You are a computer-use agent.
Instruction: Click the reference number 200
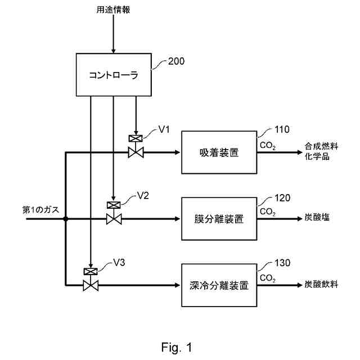coord(176,61)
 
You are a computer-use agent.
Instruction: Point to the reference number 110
coord(282,129)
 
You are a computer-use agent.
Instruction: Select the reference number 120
coord(282,198)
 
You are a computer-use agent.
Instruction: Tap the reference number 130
coord(282,263)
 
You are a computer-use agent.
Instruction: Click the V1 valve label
coord(164,129)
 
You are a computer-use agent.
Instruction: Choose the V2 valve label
coord(143,196)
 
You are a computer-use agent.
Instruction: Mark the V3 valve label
coord(119,263)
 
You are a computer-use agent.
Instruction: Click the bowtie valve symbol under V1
coord(136,152)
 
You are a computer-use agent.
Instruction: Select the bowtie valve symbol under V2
coord(114,219)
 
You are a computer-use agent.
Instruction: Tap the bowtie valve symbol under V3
coord(91,285)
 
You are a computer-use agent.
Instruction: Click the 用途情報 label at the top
coord(113,10)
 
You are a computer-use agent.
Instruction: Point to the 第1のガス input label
coord(40,210)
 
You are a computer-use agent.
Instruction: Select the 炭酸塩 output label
coord(317,217)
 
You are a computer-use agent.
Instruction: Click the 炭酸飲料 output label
coord(321,284)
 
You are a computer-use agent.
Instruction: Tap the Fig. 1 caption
coord(177,348)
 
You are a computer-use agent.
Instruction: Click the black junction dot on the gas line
coord(66,219)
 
